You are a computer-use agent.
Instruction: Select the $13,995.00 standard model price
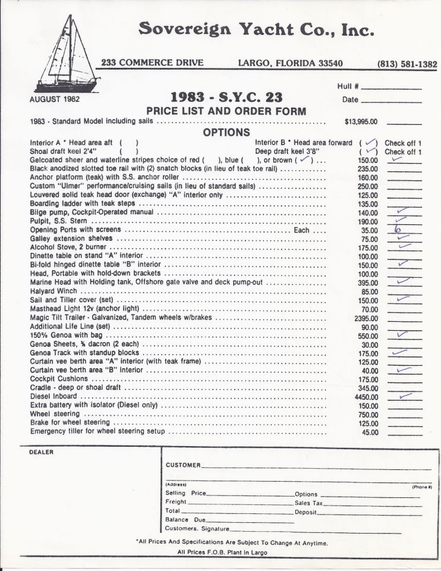coord(361,121)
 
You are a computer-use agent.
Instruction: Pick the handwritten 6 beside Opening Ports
coord(398,230)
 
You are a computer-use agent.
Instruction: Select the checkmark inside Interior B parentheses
coord(370,143)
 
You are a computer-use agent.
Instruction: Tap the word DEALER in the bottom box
coord(41,452)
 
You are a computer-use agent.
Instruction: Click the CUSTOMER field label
coord(183,465)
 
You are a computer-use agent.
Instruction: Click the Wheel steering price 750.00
coord(367,415)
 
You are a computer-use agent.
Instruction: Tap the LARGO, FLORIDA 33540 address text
coord(290,63)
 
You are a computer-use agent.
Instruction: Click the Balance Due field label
coord(185,520)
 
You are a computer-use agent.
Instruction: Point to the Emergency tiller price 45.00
coord(370,432)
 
